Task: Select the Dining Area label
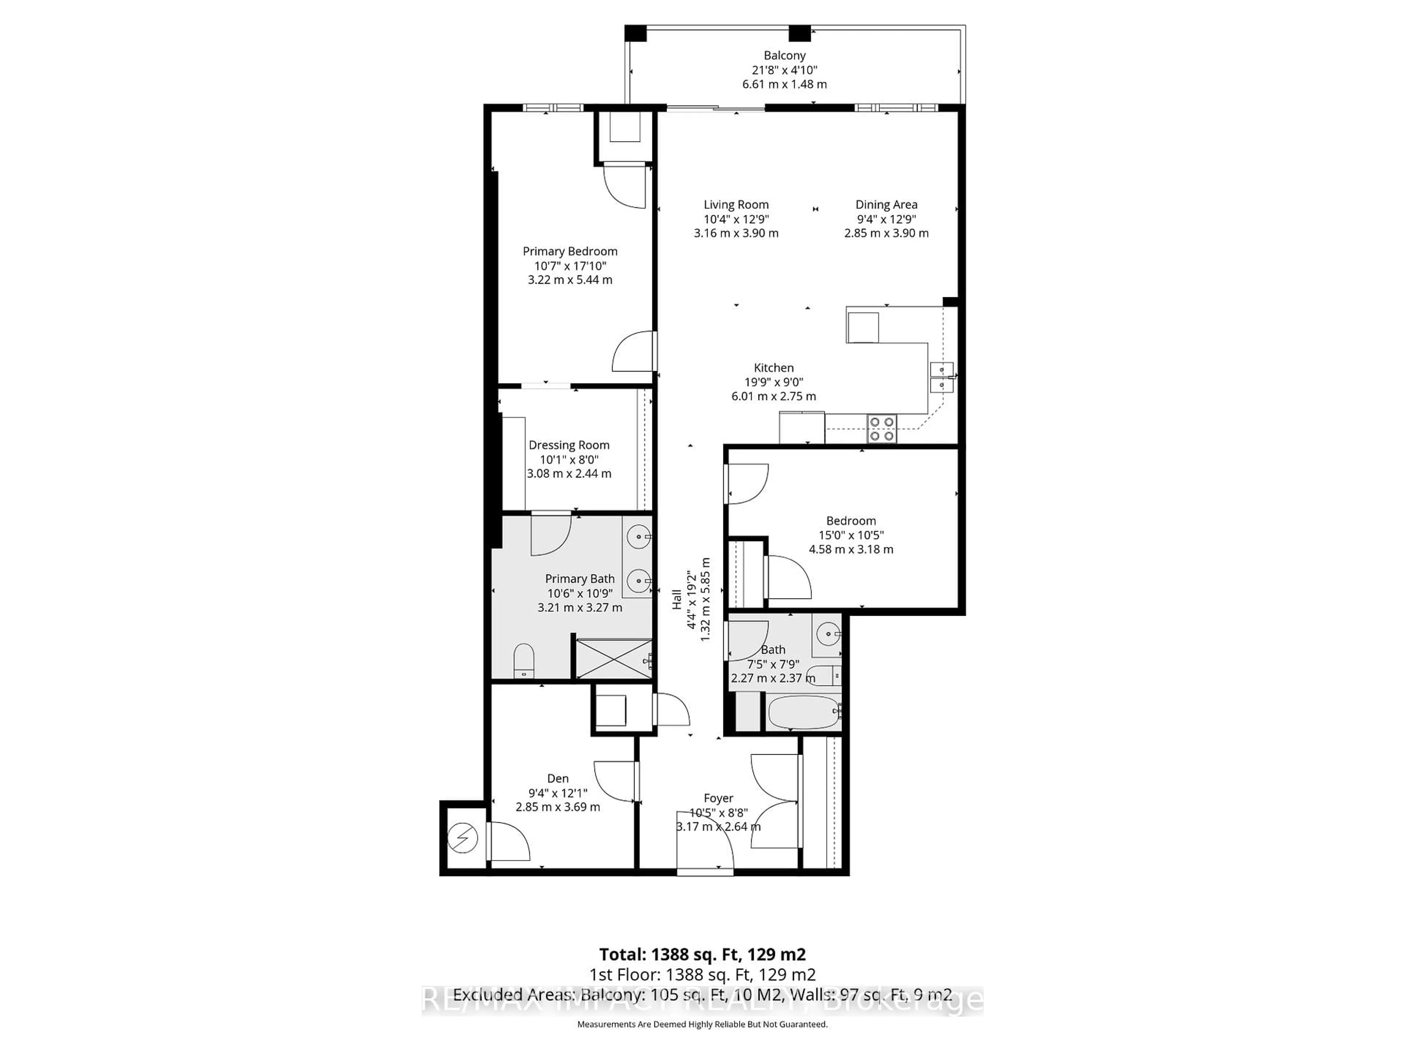coord(886,204)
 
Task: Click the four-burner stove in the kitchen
coord(882,429)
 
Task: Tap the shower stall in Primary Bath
coord(613,658)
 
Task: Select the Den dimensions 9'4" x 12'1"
coord(558,793)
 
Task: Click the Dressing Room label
coord(569,445)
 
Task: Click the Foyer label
coord(718,798)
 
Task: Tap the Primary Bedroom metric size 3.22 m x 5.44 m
coord(570,280)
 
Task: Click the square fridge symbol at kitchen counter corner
coord(862,328)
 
